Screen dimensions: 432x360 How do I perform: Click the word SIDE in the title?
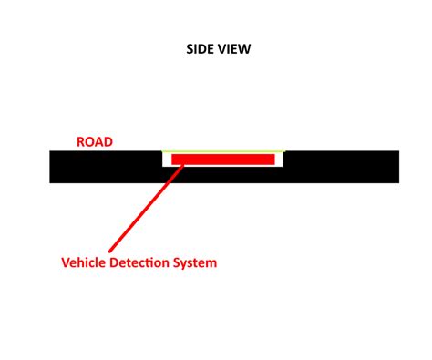(x=200, y=49)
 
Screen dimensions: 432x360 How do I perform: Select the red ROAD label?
(x=94, y=142)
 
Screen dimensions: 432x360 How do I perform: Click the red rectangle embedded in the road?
(x=223, y=159)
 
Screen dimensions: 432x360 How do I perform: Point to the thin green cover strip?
(x=223, y=151)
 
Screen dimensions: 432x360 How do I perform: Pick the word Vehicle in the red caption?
(x=84, y=263)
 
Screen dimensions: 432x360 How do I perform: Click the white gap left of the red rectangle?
(x=168, y=159)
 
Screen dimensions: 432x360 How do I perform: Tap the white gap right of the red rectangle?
(x=278, y=159)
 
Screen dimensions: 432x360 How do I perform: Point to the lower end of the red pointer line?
(x=110, y=250)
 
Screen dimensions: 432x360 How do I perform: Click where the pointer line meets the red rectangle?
(x=183, y=165)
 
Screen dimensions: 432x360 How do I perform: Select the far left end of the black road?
(x=53, y=167)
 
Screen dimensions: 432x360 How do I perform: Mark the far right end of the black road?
(x=396, y=167)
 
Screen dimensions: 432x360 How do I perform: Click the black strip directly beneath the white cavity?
(x=223, y=175)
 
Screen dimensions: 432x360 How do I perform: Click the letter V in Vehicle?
(x=65, y=263)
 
